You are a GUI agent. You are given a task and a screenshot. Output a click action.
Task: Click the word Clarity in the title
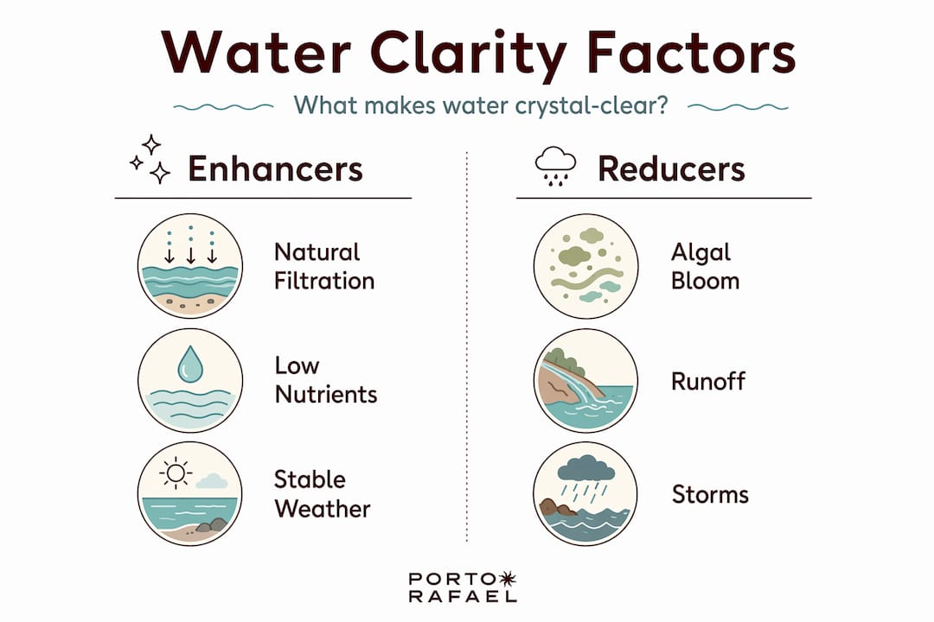468,54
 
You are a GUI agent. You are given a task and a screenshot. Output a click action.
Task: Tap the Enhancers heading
275,168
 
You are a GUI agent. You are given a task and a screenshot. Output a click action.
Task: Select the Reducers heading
671,168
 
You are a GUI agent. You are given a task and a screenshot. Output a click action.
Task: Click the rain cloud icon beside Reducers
556,166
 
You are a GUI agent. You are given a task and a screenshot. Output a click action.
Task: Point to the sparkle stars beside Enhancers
150,159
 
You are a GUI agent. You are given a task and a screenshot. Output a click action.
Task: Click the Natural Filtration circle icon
190,266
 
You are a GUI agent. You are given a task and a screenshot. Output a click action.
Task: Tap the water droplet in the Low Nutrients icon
190,365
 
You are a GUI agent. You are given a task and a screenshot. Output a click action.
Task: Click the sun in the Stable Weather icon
176,473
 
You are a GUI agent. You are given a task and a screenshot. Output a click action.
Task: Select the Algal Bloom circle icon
586,266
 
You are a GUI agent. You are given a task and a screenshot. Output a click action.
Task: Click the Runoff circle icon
586,380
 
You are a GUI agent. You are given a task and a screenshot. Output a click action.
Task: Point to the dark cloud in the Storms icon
586,468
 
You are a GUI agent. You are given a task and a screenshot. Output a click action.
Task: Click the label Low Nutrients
326,380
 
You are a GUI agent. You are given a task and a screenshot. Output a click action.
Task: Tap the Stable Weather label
322,494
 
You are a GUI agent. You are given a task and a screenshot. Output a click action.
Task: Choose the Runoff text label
707,382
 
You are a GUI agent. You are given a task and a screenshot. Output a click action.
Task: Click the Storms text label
710,495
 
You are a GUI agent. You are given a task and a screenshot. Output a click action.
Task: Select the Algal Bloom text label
706,267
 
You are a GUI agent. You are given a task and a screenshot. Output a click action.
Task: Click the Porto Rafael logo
463,587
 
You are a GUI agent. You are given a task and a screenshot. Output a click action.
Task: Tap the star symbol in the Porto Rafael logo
507,579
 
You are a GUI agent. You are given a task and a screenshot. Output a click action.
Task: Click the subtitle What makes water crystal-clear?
481,106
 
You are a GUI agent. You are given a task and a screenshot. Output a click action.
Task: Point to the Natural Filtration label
324,266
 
